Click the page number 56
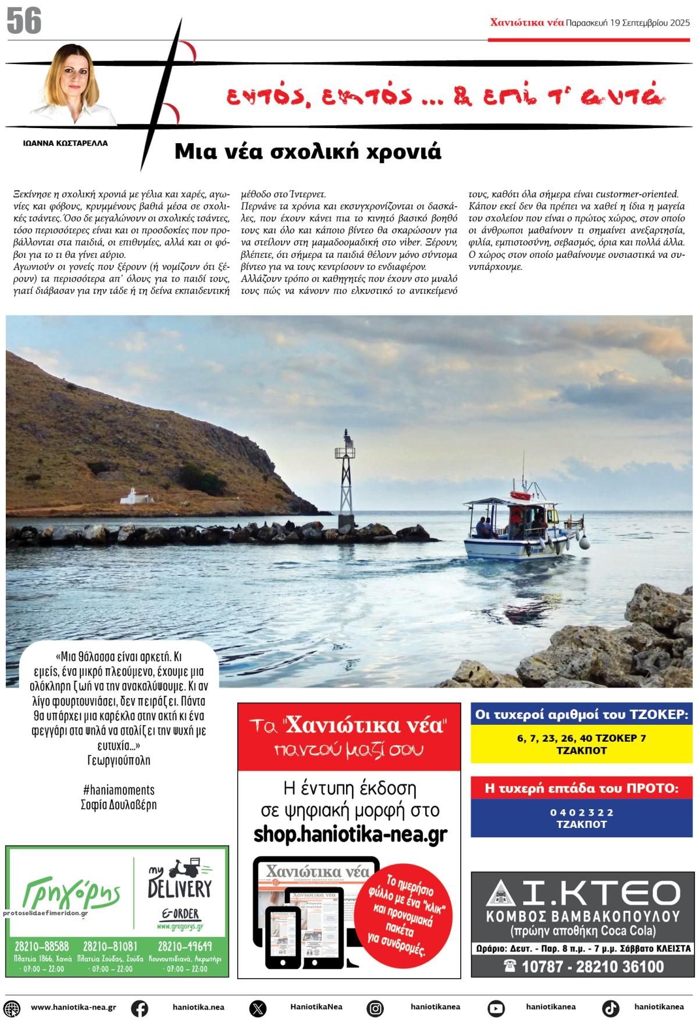(x=24, y=22)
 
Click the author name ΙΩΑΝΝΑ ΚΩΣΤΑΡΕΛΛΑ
(x=65, y=143)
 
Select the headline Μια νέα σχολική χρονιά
(x=308, y=151)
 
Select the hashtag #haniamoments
(x=119, y=789)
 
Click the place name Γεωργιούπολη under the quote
(x=119, y=760)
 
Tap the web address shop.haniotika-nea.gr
(x=350, y=834)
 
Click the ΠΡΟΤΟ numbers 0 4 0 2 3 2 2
(x=582, y=812)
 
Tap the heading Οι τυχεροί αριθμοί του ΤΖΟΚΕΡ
(x=582, y=714)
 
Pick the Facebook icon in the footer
(x=139, y=1008)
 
